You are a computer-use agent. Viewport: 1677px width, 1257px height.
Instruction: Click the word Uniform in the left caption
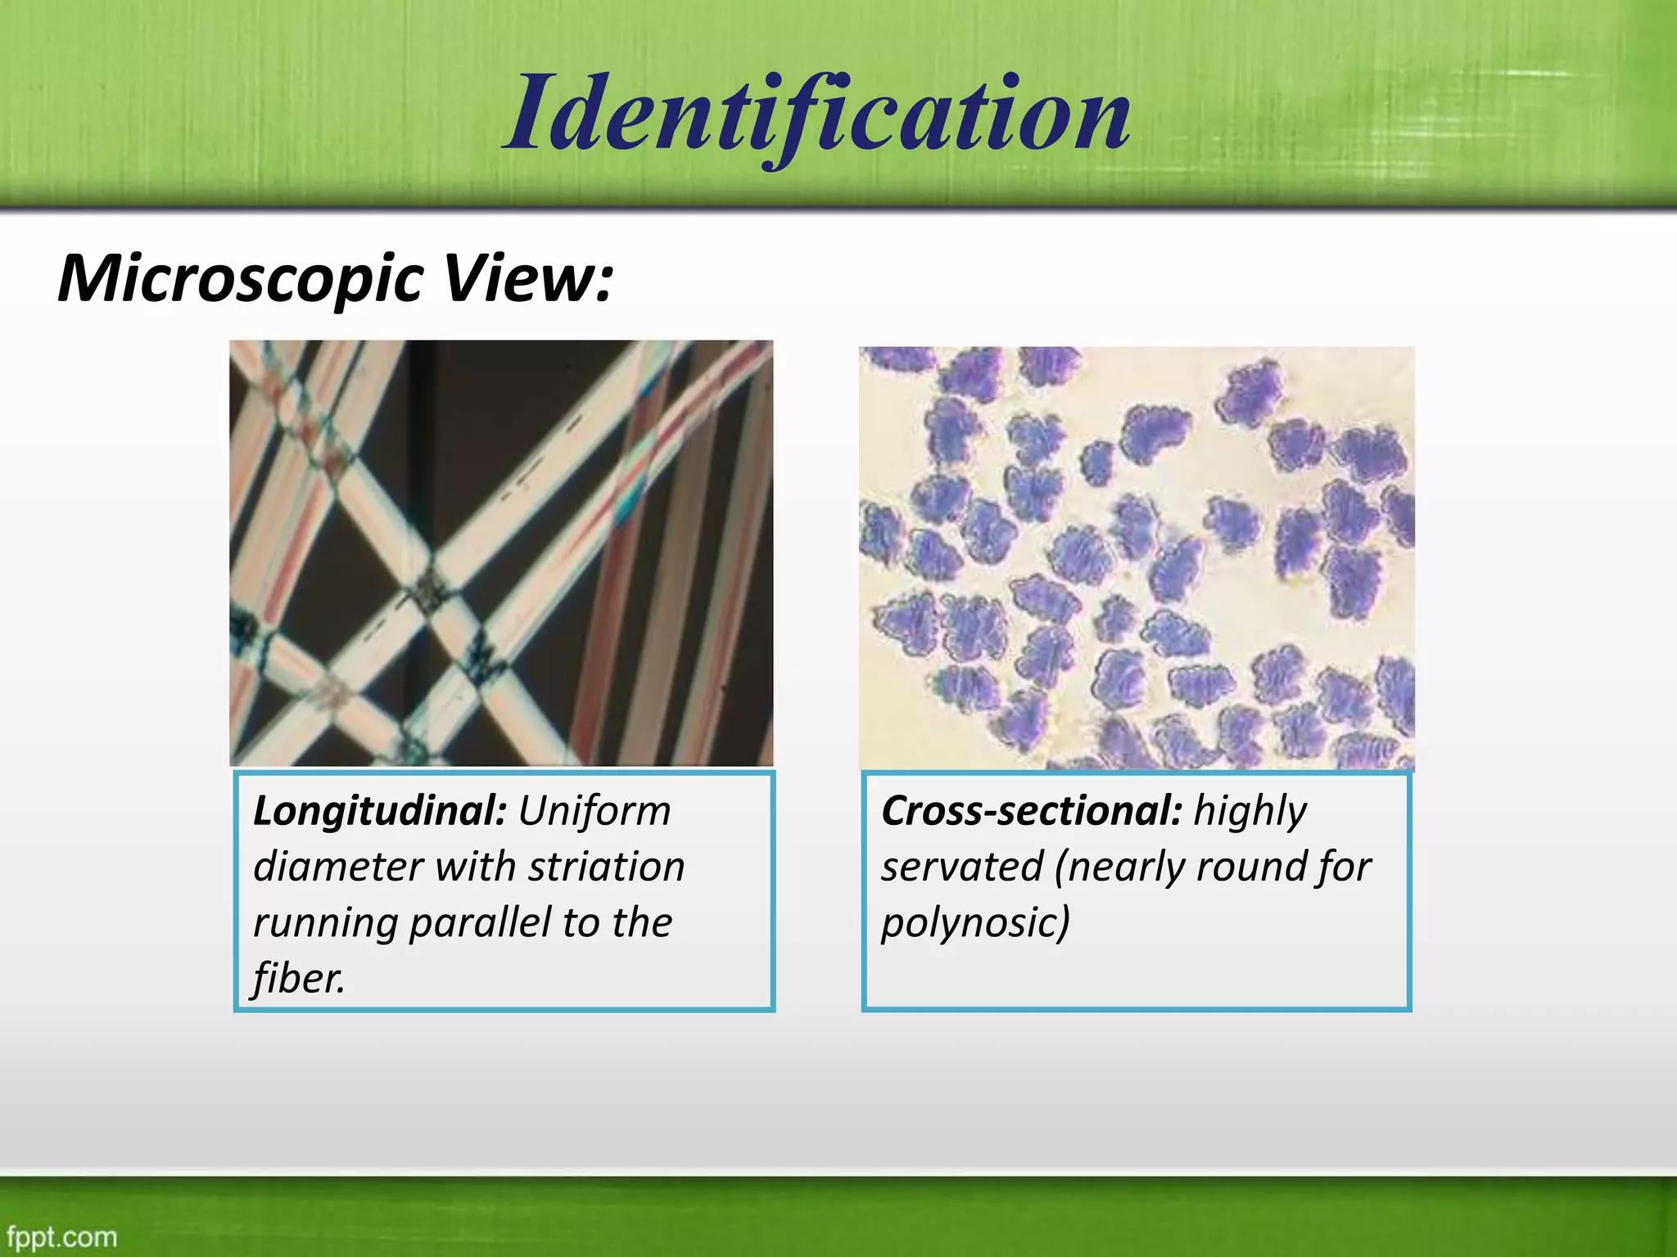click(594, 812)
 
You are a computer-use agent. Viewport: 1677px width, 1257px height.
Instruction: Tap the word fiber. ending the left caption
click(300, 979)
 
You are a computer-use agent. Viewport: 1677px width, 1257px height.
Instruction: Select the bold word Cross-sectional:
click(1032, 812)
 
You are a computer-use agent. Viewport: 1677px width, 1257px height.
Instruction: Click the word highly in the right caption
click(1250, 812)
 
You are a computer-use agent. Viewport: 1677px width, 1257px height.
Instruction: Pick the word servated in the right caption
click(962, 867)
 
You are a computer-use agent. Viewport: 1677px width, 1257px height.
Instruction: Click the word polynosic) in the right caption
click(975, 923)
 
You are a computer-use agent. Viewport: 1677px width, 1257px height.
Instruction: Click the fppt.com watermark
click(62, 1237)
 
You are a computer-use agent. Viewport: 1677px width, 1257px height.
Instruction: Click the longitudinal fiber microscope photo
click(501, 553)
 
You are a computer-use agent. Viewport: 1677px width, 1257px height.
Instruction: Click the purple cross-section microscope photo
click(1137, 558)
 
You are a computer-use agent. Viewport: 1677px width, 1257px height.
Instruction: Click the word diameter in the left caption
click(338, 867)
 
